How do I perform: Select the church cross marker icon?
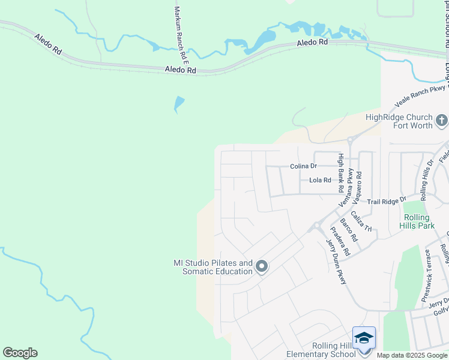(x=441, y=121)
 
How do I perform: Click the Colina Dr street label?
(x=303, y=166)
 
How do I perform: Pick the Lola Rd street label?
(x=320, y=180)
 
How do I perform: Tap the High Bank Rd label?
(x=340, y=172)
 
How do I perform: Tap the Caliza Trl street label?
(x=362, y=221)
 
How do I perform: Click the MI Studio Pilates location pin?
(x=261, y=266)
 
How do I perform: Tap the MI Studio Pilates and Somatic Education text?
(x=213, y=267)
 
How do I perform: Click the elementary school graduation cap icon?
(x=364, y=338)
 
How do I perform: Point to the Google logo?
(x=20, y=353)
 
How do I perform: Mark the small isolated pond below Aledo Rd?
(x=179, y=104)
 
